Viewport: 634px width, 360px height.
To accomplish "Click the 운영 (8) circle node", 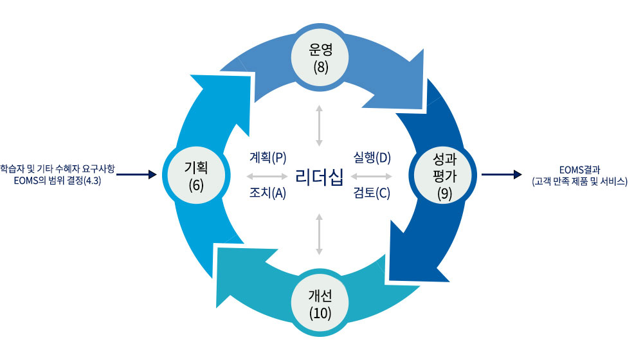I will [319, 57].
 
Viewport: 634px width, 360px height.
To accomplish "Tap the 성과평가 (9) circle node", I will [444, 174].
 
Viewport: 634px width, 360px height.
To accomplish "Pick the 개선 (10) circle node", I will [320, 303].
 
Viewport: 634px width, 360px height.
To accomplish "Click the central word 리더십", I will [319, 175].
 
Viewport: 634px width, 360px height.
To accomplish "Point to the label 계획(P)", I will [267, 157].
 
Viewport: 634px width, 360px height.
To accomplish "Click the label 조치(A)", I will [267, 192].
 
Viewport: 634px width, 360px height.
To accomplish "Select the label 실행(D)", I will [372, 157].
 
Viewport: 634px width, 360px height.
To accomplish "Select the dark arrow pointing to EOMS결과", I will [501, 174].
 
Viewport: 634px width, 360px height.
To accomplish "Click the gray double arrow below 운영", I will [319, 125].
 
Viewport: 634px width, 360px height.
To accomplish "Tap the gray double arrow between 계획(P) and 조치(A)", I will [267, 175].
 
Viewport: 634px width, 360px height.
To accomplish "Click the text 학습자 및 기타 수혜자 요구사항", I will [58, 168].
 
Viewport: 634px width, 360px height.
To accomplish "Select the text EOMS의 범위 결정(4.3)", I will [58, 181].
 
